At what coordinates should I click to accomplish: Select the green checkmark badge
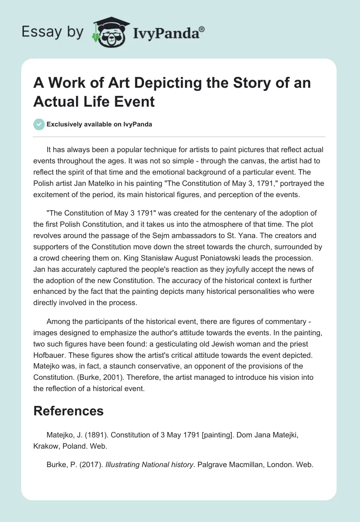(39, 124)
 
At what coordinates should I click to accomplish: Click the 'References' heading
(68, 410)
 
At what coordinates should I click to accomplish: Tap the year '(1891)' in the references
(96, 435)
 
